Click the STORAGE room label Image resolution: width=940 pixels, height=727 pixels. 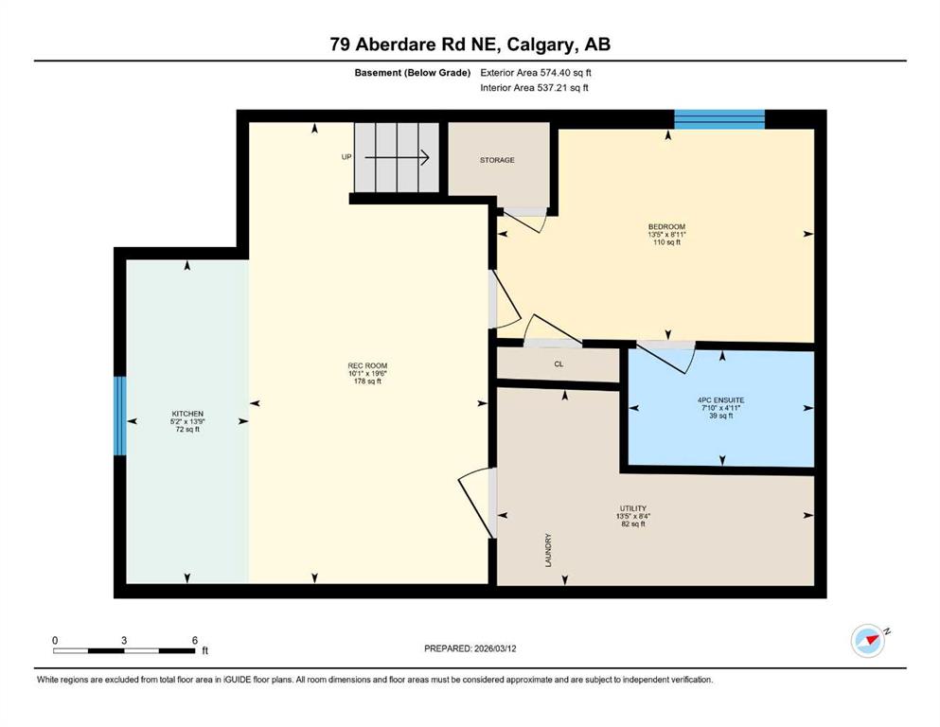[497, 160]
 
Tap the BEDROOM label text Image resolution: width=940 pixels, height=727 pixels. [666, 226]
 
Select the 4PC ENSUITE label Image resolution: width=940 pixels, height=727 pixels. [720, 399]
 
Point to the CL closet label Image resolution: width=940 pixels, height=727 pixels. [559, 363]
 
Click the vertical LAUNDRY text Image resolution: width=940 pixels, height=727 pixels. [548, 550]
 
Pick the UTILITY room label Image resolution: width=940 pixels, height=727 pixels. [633, 508]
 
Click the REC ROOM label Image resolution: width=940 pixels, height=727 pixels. [367, 365]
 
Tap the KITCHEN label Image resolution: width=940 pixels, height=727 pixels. [187, 414]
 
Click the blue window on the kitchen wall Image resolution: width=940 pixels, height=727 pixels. [120, 416]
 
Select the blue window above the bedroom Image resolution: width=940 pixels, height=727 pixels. [719, 119]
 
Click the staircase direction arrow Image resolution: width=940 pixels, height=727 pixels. [397, 158]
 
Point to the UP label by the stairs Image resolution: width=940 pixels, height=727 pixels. [346, 157]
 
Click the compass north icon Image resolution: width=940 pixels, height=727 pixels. [869, 641]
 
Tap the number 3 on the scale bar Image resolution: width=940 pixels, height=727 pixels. [124, 640]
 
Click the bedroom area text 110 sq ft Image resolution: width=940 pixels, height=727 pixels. [666, 242]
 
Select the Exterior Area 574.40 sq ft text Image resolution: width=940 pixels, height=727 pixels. [536, 73]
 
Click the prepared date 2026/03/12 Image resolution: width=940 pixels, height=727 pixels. [495, 648]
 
